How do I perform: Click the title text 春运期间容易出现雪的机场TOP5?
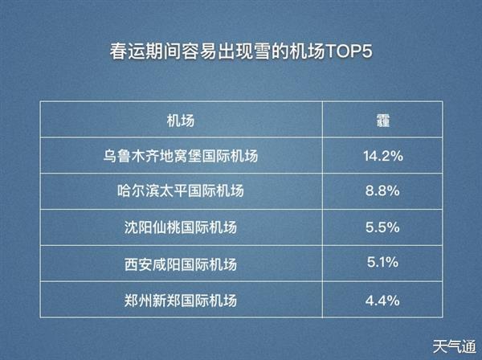click(x=241, y=51)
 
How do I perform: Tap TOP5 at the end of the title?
click(x=349, y=51)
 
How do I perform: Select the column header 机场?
click(x=181, y=121)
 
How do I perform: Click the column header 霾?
click(x=383, y=121)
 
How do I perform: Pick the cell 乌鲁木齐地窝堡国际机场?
click(x=181, y=156)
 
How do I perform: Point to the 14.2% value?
click(x=383, y=156)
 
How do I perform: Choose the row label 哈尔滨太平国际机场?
click(x=181, y=191)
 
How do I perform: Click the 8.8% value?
click(x=382, y=191)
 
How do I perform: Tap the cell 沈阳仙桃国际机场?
click(x=181, y=227)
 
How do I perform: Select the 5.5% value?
click(x=382, y=227)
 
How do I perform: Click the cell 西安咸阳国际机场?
click(x=181, y=264)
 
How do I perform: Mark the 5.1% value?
click(x=382, y=263)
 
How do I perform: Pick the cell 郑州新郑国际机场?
click(x=181, y=301)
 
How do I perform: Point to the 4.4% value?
click(x=382, y=301)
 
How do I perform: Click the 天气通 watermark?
click(x=455, y=347)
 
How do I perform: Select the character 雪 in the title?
click(x=262, y=51)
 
